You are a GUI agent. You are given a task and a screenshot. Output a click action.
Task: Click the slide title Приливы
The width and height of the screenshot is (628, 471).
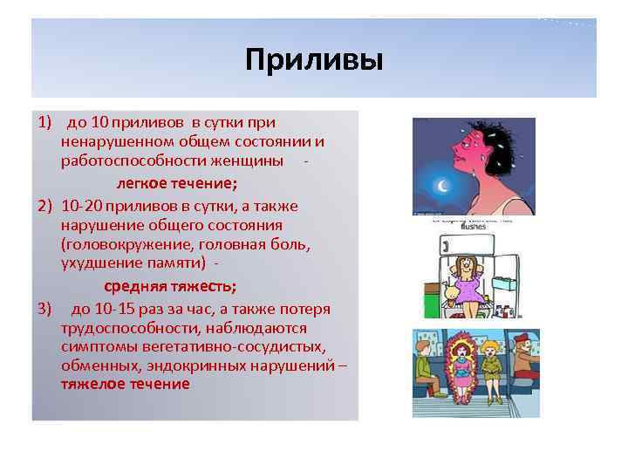(x=313, y=61)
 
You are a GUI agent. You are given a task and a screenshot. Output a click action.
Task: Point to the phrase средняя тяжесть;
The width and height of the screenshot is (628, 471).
(x=170, y=287)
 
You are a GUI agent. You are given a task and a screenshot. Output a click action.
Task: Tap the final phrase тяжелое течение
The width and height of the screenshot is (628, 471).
(x=125, y=384)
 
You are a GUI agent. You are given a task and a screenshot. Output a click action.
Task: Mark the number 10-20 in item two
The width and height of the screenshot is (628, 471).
(x=82, y=205)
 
